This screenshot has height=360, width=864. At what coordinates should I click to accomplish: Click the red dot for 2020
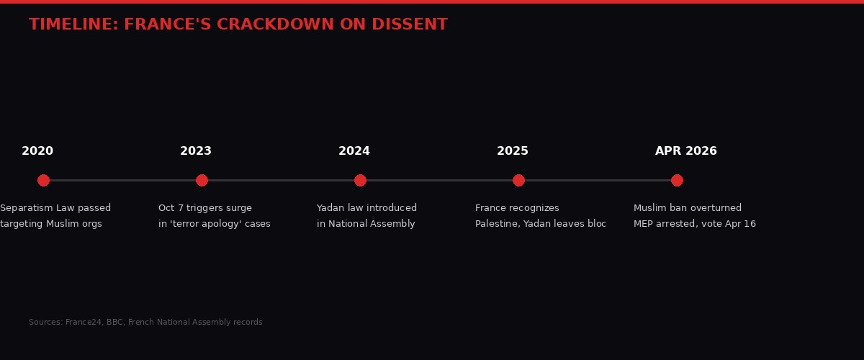43,180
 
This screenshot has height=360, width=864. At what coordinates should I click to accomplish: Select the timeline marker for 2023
202,180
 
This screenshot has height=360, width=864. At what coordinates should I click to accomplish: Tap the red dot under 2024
360,180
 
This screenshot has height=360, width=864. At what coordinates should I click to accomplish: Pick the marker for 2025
518,180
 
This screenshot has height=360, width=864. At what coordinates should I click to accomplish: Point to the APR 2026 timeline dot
677,180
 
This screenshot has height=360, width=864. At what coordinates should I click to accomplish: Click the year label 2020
37,151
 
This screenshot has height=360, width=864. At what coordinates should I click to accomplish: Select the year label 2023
196,151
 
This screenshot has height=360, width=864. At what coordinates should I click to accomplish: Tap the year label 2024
354,151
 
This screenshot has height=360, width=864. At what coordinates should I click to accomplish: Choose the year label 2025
513,151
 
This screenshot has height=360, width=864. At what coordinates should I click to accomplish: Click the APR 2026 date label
685,151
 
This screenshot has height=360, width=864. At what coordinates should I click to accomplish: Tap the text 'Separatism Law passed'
55,208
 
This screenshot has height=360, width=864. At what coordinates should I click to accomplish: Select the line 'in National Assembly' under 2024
366,224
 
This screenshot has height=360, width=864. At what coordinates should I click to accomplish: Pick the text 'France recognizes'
517,208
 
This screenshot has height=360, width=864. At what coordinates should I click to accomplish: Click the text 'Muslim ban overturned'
688,208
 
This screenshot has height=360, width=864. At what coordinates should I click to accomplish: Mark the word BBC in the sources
114,323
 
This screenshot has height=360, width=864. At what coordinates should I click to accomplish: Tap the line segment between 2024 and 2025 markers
439,180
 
